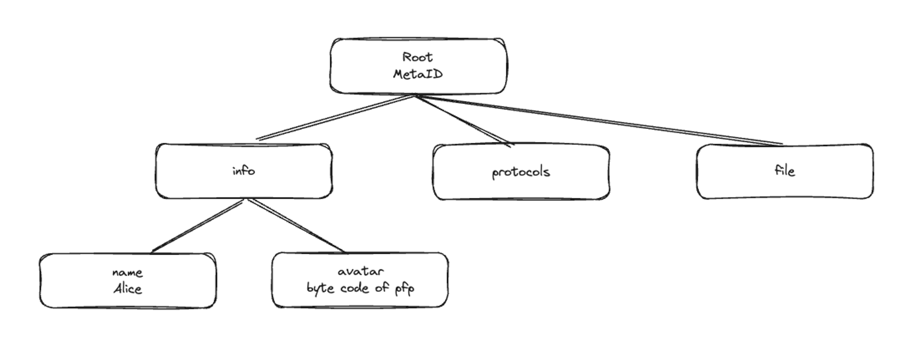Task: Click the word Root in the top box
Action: point(418,57)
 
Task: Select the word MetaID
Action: point(418,74)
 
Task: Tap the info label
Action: point(243,171)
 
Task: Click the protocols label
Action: point(521,172)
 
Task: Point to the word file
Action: point(784,171)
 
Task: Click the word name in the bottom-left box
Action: point(128,273)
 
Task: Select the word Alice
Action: point(128,289)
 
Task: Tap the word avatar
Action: point(360,271)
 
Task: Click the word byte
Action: point(320,288)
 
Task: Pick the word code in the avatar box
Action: point(354,288)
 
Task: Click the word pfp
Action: point(404,289)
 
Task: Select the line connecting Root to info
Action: point(335,117)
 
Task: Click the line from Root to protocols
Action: point(462,120)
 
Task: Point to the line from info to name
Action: point(198,226)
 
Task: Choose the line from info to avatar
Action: point(296,226)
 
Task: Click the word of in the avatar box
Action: point(382,288)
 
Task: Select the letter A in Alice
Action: point(117,289)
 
